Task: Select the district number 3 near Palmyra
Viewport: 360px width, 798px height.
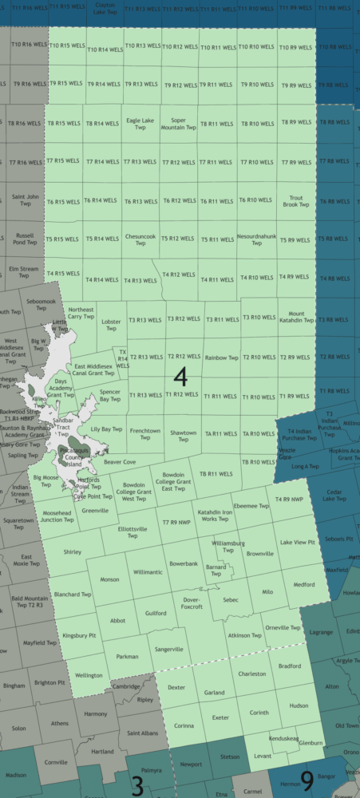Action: (136, 786)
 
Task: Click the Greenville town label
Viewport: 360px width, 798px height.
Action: (95, 510)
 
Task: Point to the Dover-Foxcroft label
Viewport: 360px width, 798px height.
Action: (192, 602)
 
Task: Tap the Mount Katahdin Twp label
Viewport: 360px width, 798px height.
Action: (296, 317)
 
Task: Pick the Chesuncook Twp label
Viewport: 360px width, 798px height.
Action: (140, 239)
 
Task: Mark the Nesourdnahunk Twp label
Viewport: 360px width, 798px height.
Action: (256, 239)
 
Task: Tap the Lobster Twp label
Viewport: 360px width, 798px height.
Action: (112, 326)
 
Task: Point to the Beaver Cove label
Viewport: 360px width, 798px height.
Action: (120, 462)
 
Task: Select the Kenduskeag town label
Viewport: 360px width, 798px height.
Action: (285, 739)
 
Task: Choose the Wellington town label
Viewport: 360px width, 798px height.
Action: (88, 675)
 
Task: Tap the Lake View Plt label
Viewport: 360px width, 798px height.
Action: (297, 543)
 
